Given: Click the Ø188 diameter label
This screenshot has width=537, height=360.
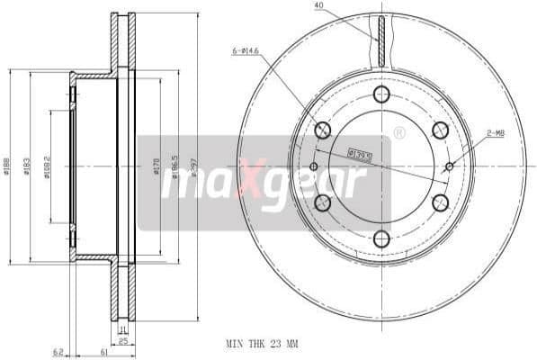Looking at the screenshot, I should (8, 167).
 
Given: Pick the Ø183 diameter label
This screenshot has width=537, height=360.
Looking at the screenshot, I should (29, 167).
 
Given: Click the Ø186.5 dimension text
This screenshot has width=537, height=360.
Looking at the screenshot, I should (176, 167).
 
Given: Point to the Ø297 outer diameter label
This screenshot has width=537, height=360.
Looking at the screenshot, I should (195, 167).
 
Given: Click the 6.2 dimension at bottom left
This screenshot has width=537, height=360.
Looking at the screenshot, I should (58, 351).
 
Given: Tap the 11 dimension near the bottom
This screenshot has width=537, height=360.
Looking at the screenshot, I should (123, 330).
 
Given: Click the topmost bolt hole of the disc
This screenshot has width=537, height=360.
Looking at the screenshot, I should (381, 94).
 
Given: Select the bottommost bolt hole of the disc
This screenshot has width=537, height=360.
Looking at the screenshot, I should (381, 238).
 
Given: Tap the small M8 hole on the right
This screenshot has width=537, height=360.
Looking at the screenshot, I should (450, 166).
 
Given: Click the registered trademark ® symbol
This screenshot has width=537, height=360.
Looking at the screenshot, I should (399, 132).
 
